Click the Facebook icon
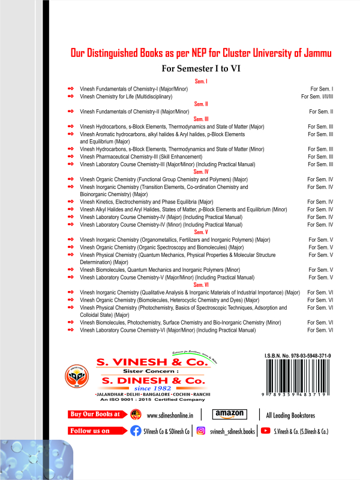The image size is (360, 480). point(136,431)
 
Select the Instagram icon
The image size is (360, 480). point(201,431)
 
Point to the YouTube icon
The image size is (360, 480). point(265,431)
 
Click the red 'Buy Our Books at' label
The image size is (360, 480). point(94,414)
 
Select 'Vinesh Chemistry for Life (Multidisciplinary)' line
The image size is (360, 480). point(126,96)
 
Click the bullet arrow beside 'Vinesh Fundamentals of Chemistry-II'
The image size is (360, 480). point(71,112)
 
